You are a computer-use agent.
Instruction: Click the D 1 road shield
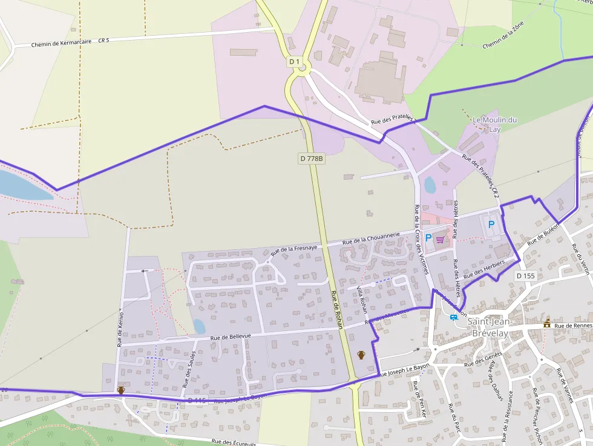click(x=294, y=62)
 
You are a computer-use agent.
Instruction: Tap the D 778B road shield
click(x=312, y=159)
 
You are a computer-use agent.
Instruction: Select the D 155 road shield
click(x=526, y=276)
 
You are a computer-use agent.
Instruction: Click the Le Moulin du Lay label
click(x=494, y=124)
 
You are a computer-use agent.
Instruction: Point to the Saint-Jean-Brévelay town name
click(x=490, y=326)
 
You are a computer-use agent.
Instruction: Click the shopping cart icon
click(x=440, y=240)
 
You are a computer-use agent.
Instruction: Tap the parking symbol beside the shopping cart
click(x=428, y=238)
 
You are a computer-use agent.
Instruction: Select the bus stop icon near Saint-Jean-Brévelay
click(x=453, y=317)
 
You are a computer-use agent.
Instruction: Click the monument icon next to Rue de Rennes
click(x=547, y=323)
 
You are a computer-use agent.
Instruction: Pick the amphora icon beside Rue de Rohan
click(x=361, y=355)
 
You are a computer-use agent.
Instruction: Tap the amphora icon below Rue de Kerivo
click(x=121, y=390)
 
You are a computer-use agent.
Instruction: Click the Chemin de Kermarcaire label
click(x=62, y=42)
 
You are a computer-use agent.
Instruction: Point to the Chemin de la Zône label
click(x=503, y=42)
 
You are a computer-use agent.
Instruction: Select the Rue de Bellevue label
click(x=230, y=337)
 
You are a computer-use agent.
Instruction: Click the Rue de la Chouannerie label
click(x=372, y=239)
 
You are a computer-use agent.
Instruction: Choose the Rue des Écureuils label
click(x=234, y=442)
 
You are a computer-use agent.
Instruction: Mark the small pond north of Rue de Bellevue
click(x=199, y=326)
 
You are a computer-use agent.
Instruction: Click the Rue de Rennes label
click(x=572, y=326)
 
